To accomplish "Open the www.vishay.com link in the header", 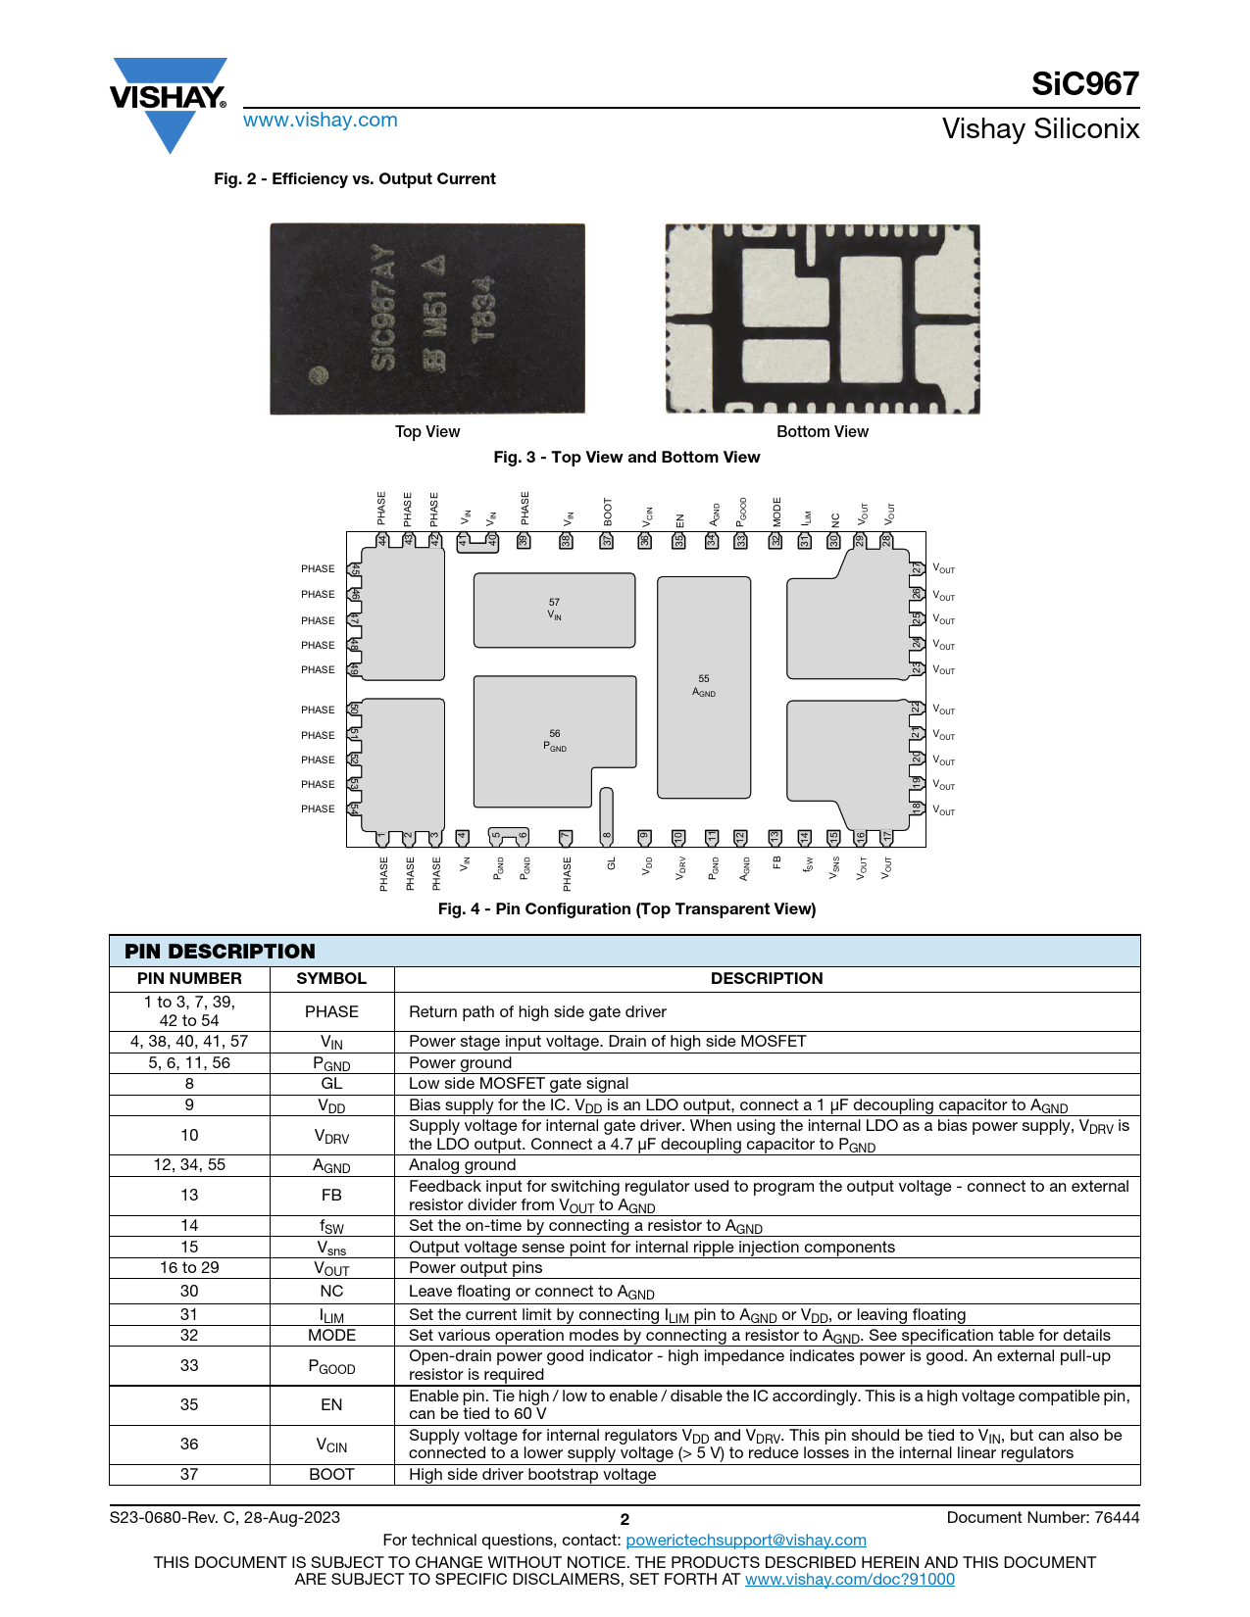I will pos(321,121).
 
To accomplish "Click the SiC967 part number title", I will pos(1084,84).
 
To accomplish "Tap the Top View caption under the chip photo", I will pos(427,432).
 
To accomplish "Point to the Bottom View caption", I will pos(822,432).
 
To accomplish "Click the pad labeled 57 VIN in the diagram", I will pos(554,610).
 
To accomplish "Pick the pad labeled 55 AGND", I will pos(704,686).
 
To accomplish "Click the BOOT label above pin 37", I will pos(608,511).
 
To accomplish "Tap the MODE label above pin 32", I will pos(777,511).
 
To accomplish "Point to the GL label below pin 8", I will pos(611,864).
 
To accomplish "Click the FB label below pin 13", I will pos(776,862).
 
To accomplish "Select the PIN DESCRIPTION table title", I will pos(220,952).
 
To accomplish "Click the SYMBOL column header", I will pos(331,979).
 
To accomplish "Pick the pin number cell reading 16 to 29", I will pos(189,1268).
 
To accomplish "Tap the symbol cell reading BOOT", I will pos(331,1475).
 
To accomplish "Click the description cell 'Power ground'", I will pos(460,1063).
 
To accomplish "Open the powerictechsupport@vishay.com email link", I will pos(746,1541).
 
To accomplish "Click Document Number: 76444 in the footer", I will pos(1042,1518).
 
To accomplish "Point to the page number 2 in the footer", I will pos(625,1520).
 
